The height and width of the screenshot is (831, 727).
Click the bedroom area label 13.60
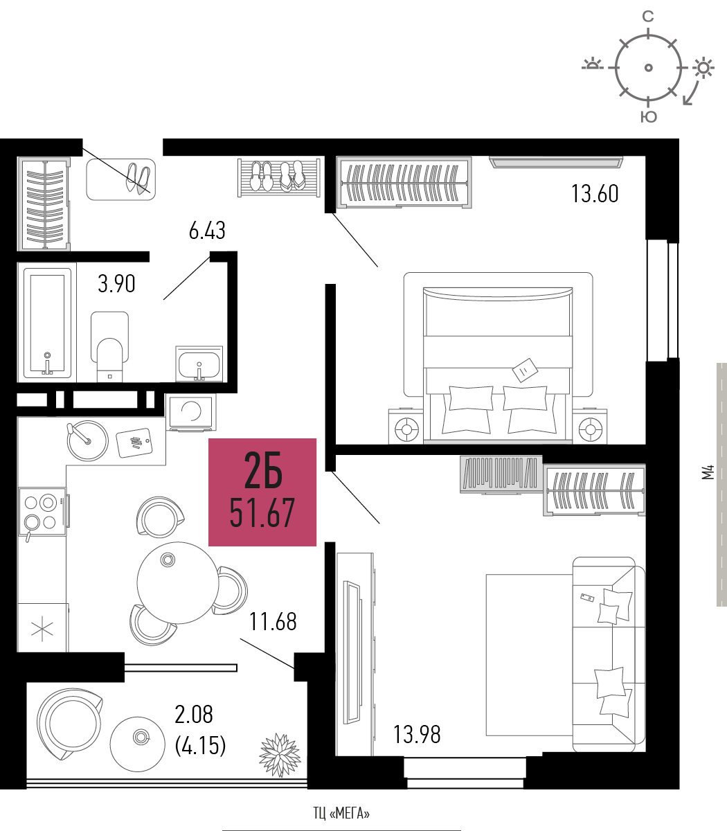(x=595, y=194)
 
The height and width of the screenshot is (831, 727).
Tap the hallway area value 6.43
(x=207, y=231)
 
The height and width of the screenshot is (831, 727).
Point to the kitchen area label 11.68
(x=273, y=621)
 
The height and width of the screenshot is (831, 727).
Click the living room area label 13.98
(x=417, y=734)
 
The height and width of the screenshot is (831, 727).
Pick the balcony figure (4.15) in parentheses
(x=200, y=746)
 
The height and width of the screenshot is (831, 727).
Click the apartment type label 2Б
(x=263, y=470)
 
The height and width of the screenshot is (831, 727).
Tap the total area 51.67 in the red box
(x=262, y=513)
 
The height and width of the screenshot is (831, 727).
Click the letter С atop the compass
(x=648, y=16)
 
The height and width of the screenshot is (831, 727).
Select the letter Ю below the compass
(x=649, y=117)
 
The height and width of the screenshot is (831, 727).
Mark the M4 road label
(x=708, y=472)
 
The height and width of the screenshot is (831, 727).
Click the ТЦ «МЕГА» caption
(x=341, y=813)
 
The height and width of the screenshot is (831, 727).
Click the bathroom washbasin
(x=199, y=364)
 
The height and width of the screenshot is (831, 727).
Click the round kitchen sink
(x=87, y=440)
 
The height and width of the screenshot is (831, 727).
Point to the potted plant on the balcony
(x=280, y=755)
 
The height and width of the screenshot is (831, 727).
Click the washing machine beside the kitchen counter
(x=191, y=412)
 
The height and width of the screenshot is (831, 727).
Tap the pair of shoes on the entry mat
(x=138, y=178)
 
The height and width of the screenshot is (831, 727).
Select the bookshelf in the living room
(x=501, y=474)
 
